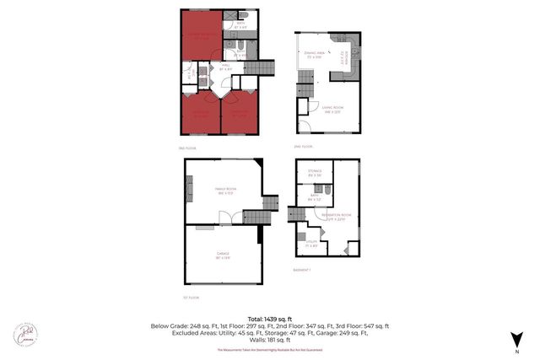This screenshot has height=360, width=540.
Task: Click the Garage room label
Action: (x=223, y=254)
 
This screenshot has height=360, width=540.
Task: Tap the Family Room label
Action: (x=225, y=191)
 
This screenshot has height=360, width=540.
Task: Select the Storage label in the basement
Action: (x=316, y=172)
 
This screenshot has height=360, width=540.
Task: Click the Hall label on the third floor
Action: (x=226, y=67)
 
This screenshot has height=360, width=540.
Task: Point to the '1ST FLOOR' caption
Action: (x=191, y=298)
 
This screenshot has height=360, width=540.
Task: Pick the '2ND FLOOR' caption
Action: (x=303, y=146)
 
